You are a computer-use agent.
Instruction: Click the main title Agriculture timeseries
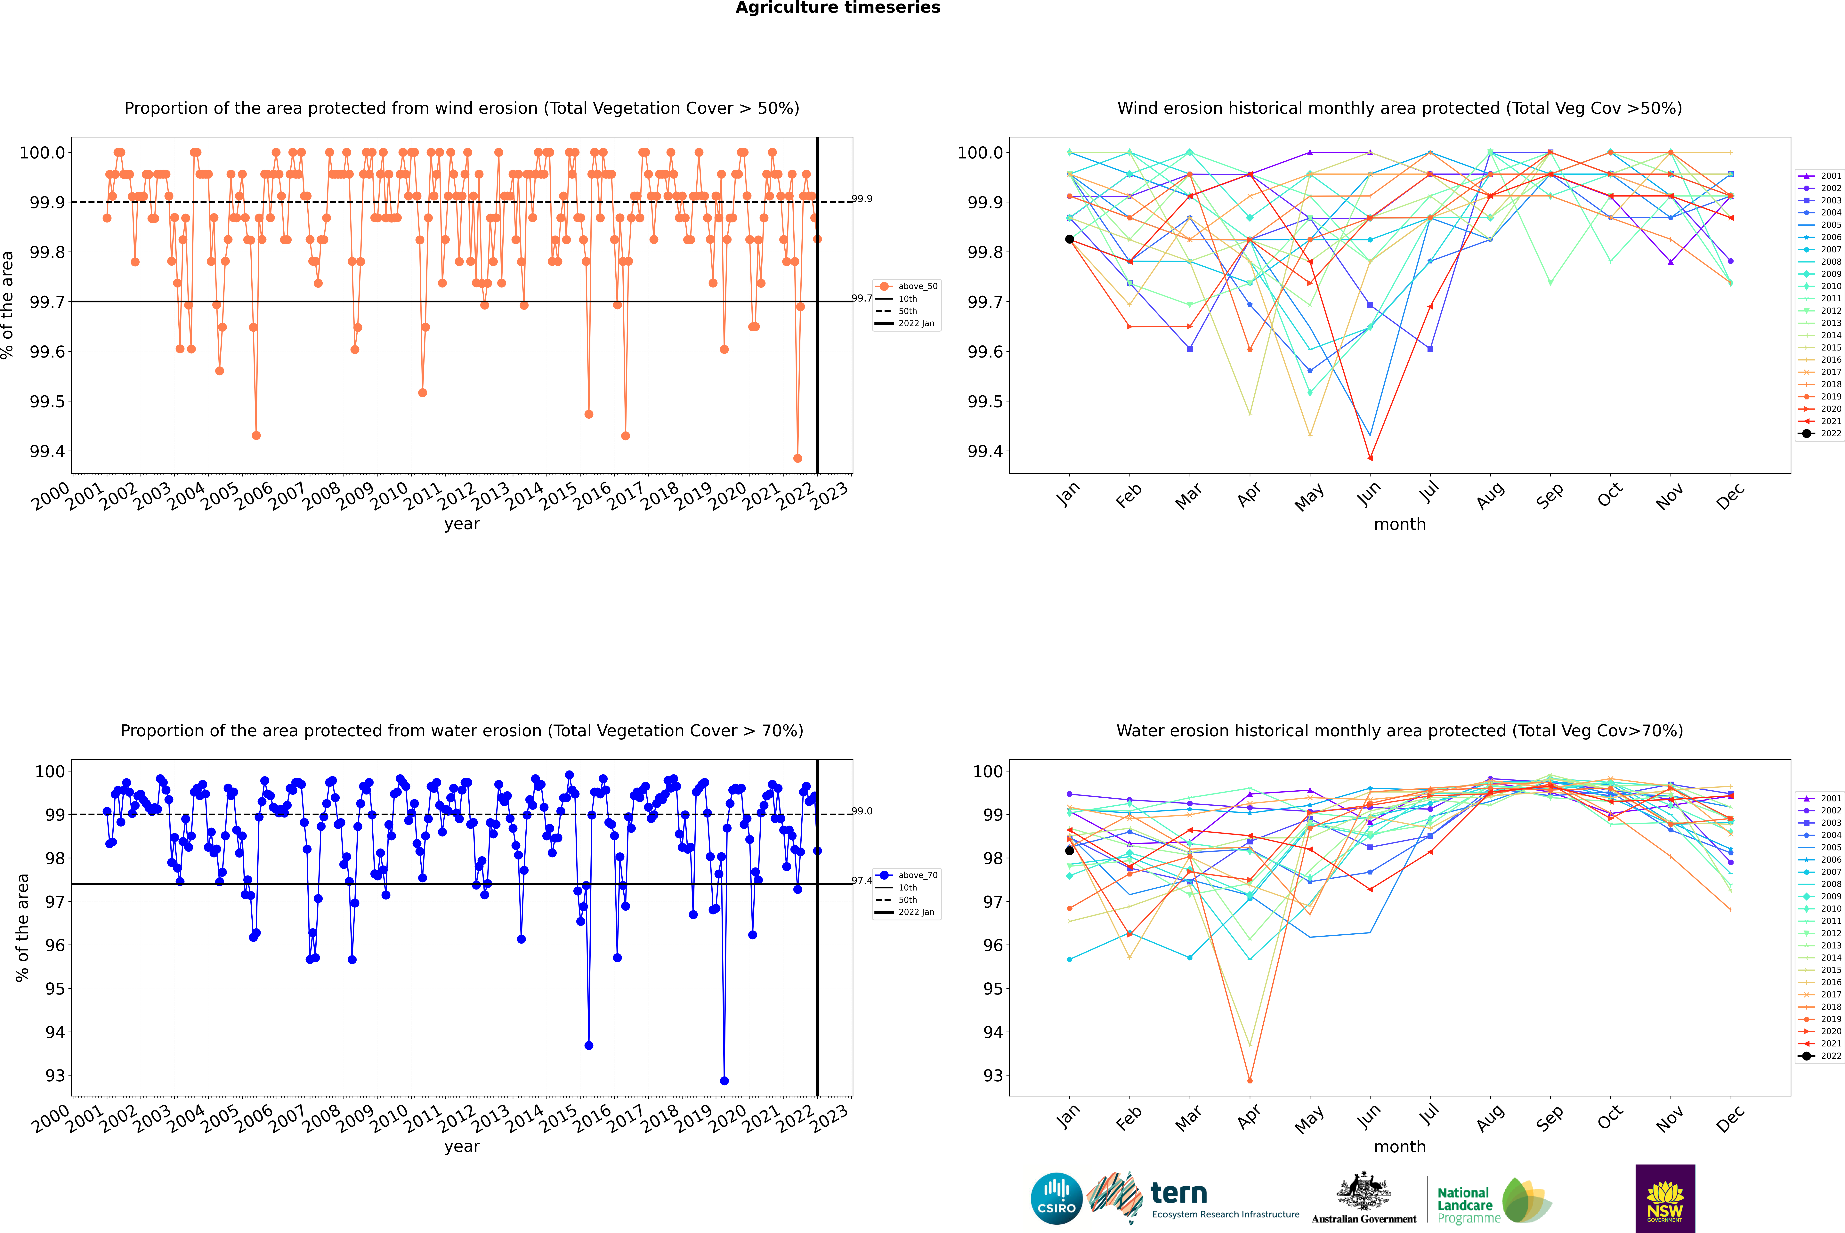(x=838, y=8)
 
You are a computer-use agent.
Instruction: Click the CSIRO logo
(x=1056, y=1198)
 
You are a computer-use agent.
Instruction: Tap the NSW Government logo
(x=1665, y=1198)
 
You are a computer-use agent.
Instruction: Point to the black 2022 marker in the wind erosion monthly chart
(x=1070, y=239)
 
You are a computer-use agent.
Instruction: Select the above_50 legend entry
(x=907, y=286)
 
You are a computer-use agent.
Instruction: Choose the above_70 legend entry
(x=907, y=875)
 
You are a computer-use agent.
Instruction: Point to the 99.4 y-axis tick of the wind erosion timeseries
(x=47, y=451)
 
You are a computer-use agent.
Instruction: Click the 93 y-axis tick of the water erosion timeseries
(x=55, y=1076)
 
